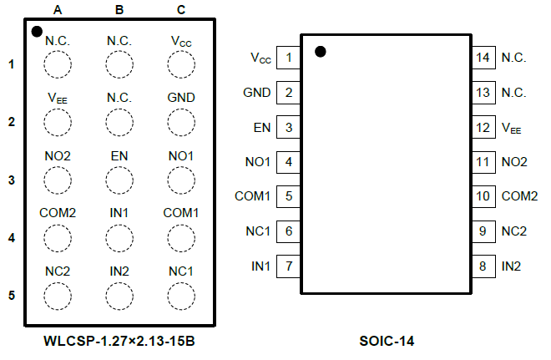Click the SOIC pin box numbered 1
[288, 58]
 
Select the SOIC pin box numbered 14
[482, 58]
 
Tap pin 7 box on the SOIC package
[288, 266]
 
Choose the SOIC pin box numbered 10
[482, 196]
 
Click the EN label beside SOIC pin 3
[261, 128]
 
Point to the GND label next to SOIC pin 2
[256, 93]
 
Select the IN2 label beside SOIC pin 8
[511, 266]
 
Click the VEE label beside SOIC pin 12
[511, 128]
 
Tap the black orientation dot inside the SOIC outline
[321, 52]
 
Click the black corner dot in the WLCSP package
[36, 32]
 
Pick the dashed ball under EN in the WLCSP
[119, 180]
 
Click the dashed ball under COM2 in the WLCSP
[58, 238]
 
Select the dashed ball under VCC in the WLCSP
[180, 63]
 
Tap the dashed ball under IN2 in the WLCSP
[119, 296]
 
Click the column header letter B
[119, 10]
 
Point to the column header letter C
[180, 10]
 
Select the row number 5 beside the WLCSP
[12, 296]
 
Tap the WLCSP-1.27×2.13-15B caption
[119, 342]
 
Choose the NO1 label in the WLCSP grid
[180, 155]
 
